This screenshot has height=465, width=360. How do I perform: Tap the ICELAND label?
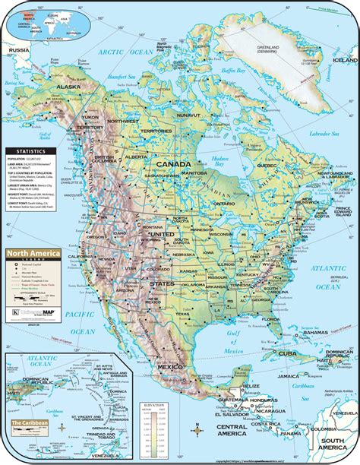[x=345, y=59]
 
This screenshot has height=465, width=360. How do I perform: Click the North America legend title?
[x=31, y=255]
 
